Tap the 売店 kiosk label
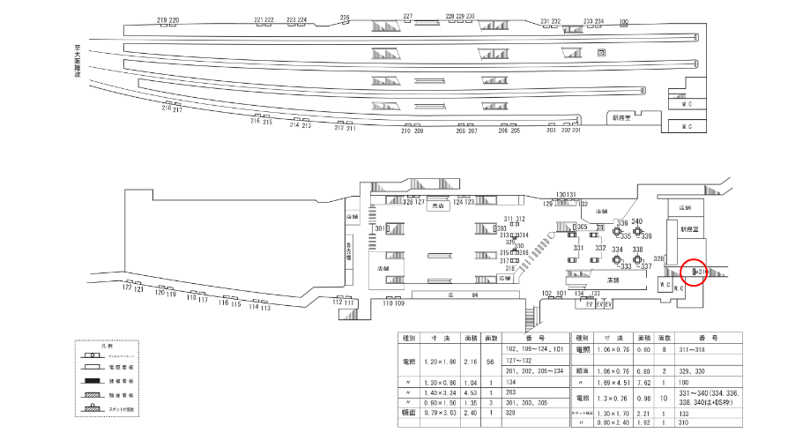[x=438, y=206]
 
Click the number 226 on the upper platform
[x=345, y=18]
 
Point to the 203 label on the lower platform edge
[x=552, y=131]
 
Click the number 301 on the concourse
[x=380, y=228]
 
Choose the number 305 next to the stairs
[x=582, y=227]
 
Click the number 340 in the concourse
[x=637, y=221]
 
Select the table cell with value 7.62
[x=644, y=384]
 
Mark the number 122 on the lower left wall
[x=127, y=287]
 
